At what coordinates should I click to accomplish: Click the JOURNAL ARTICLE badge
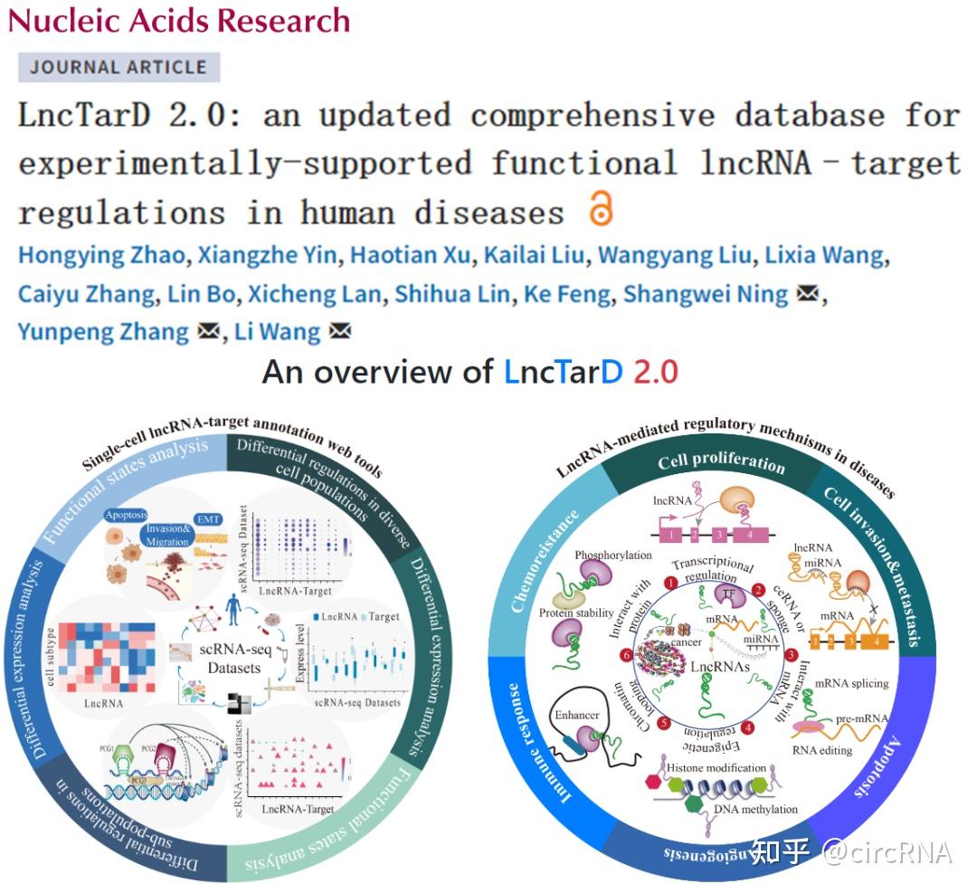(x=119, y=67)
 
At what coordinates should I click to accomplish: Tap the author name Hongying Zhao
(x=101, y=255)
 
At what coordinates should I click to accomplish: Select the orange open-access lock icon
(x=601, y=208)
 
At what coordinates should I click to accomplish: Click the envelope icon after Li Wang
(x=340, y=332)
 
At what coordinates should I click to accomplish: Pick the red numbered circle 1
(x=671, y=585)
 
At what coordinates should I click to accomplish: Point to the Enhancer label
(x=577, y=716)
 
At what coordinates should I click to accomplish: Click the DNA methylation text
(x=756, y=808)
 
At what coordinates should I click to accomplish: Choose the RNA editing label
(x=822, y=749)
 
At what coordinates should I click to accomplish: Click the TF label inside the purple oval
(x=727, y=593)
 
